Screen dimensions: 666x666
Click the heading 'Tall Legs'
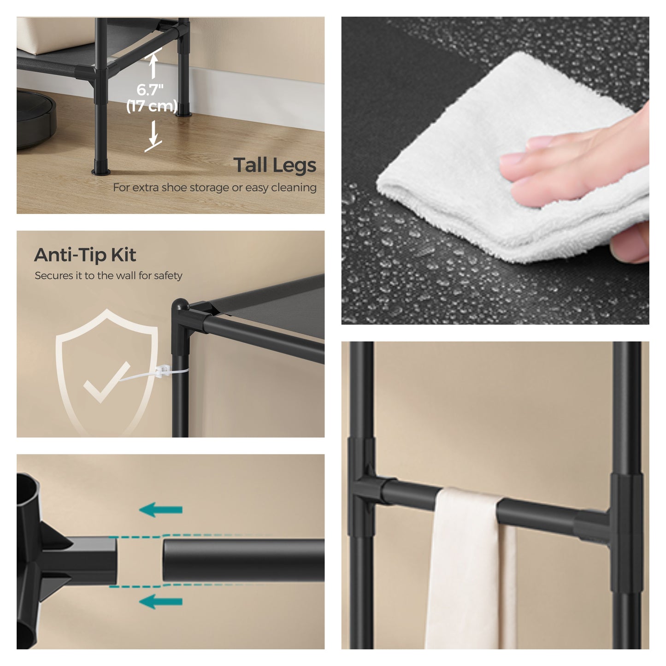tap(275, 165)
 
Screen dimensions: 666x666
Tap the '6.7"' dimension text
tap(150, 90)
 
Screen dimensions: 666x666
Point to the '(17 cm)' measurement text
tap(152, 106)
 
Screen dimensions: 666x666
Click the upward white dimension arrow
tap(153, 65)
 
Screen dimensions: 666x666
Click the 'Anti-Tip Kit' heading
tap(85, 255)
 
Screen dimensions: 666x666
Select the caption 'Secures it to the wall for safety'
tap(108, 276)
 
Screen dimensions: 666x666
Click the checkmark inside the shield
tap(107, 382)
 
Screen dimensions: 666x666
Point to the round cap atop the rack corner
tap(180, 306)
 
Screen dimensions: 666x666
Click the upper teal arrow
tap(161, 510)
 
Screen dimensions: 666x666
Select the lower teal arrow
tap(161, 601)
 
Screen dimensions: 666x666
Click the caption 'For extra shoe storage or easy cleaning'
tap(215, 188)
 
